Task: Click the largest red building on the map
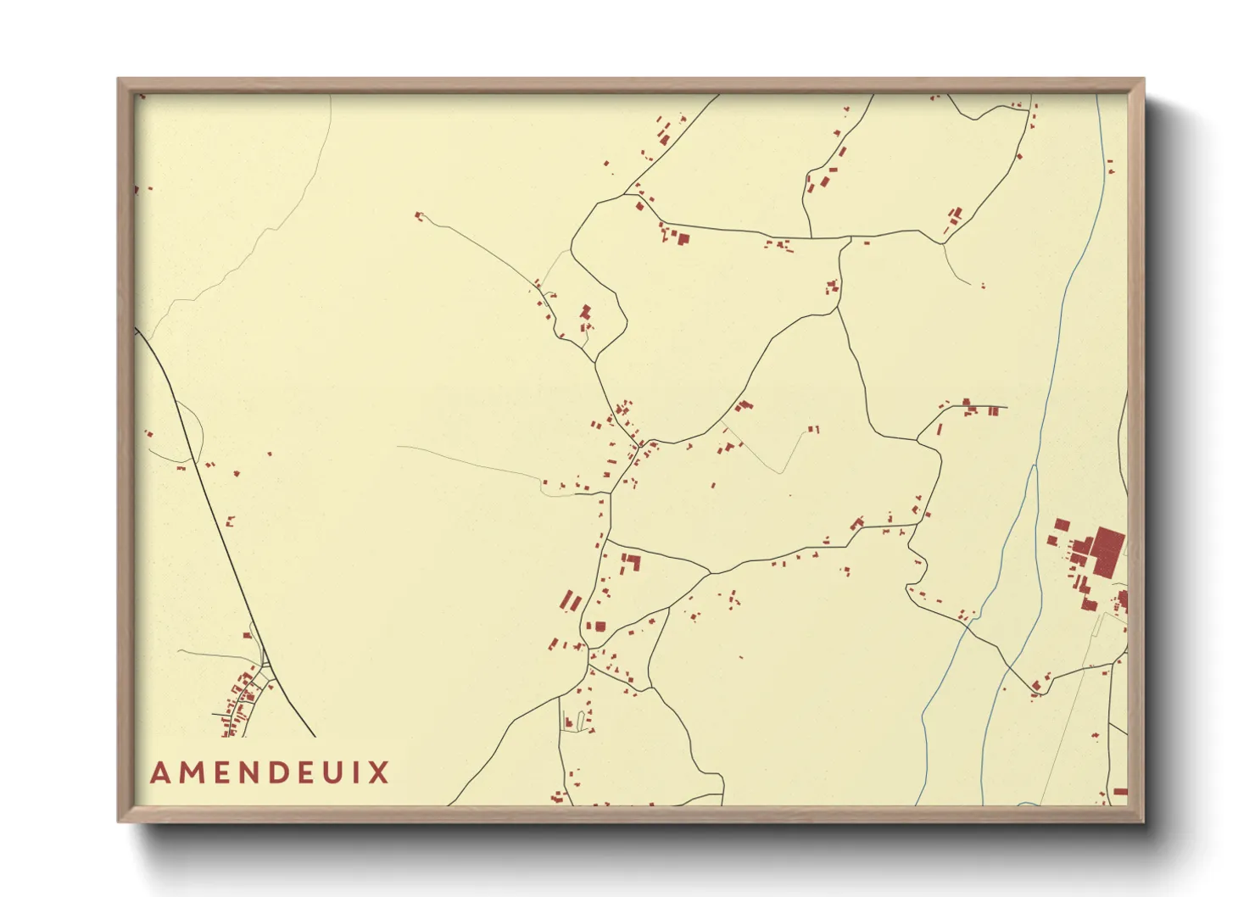tap(1107, 551)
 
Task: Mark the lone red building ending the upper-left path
tap(418, 216)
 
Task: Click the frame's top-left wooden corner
tap(121, 82)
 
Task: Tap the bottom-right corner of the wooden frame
tap(1141, 819)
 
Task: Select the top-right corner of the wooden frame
tap(1141, 82)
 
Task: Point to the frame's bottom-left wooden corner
tap(121, 819)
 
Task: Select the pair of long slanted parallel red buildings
tap(571, 602)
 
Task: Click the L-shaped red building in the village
tap(632, 560)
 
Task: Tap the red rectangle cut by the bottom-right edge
tap(1120, 792)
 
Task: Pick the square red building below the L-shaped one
tap(600, 627)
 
